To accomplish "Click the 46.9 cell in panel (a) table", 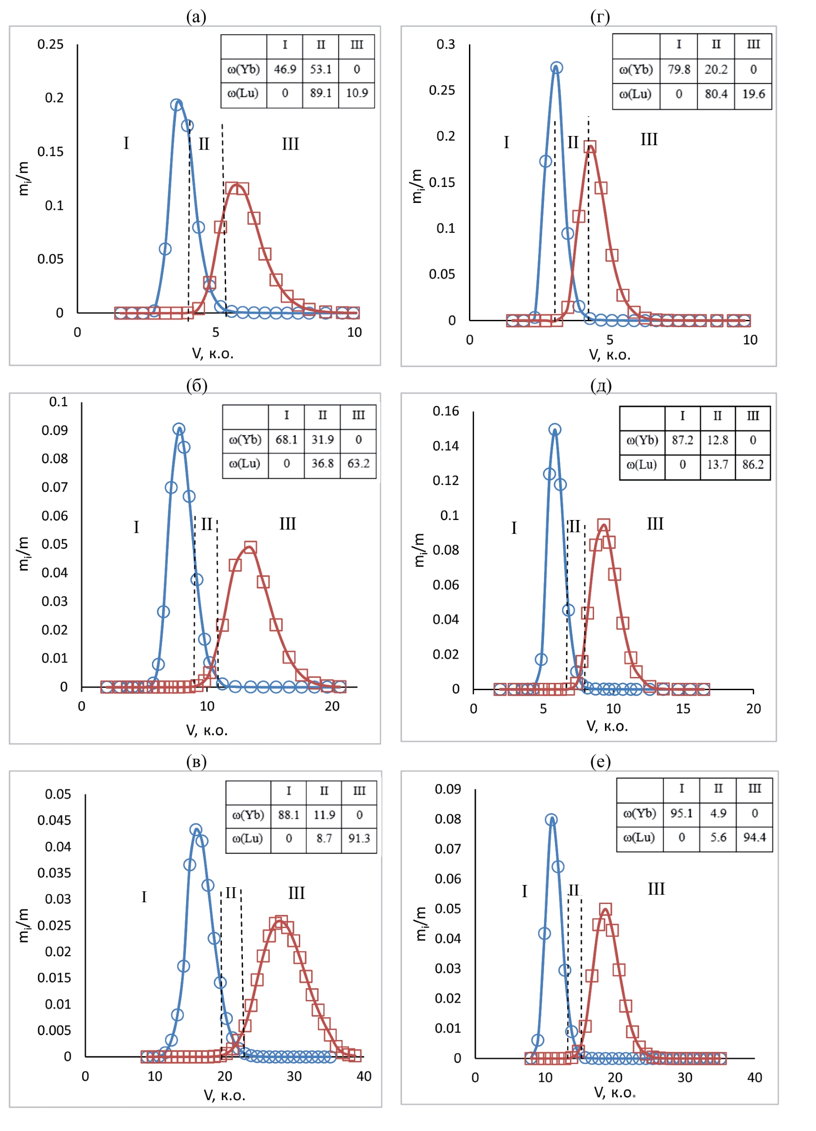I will [x=285, y=69].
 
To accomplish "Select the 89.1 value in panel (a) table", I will [x=321, y=93].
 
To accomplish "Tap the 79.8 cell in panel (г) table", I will [x=679, y=69].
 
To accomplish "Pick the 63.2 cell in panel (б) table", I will [x=358, y=463].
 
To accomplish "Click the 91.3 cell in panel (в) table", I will [x=359, y=838].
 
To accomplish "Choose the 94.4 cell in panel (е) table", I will [x=754, y=837].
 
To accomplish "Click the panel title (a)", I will [x=196, y=17].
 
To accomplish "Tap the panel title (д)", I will [x=601, y=385].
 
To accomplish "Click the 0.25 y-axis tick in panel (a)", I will [x=50, y=45].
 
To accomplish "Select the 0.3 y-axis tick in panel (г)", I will [x=445, y=45].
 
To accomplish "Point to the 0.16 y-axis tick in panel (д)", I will [x=445, y=411].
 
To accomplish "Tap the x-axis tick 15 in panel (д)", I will [x=682, y=709].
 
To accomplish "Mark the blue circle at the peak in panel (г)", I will [x=556, y=67].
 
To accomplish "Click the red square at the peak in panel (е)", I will [x=604, y=909].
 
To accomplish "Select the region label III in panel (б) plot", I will [x=287, y=524].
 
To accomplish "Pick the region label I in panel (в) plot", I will [x=144, y=897].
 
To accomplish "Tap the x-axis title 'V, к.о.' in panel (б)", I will [x=207, y=731].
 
